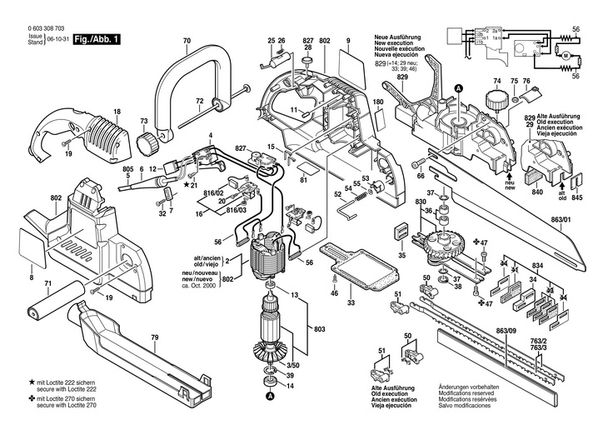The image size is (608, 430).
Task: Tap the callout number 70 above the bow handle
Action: (186, 41)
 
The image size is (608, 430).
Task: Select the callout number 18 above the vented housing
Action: (117, 112)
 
